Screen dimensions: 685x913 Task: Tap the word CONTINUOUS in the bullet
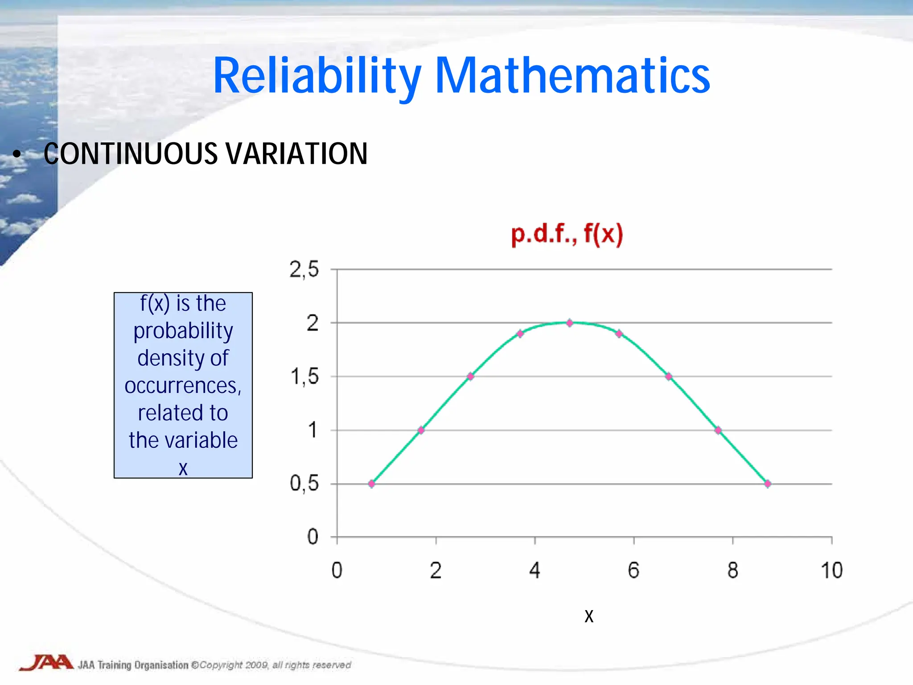tap(132, 154)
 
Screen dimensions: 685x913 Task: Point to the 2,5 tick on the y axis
tap(304, 269)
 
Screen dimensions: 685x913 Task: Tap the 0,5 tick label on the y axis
tap(304, 483)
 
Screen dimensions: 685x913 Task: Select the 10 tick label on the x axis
tap(831, 570)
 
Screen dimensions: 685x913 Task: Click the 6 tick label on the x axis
tap(633, 570)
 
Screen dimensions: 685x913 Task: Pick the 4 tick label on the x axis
tap(535, 570)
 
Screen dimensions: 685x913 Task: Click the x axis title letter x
tap(589, 616)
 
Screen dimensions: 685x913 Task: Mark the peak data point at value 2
tap(569, 323)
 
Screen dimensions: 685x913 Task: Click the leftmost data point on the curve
tap(372, 484)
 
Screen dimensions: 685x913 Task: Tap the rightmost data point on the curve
tap(767, 484)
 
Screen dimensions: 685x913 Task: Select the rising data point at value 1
tap(421, 430)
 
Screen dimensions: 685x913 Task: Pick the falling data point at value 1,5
tap(669, 376)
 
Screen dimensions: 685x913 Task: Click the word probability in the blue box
tap(183, 331)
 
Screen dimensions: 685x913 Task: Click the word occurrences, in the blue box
tap(183, 386)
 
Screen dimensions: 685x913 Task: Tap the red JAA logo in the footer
tap(47, 663)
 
